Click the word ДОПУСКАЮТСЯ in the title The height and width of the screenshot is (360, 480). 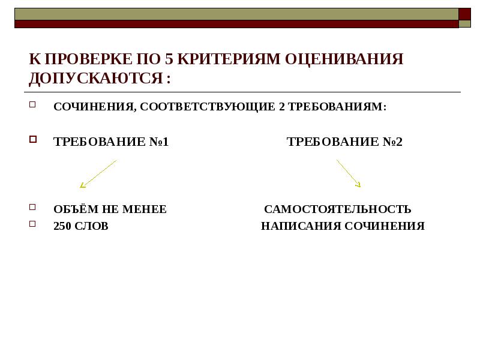pos(96,78)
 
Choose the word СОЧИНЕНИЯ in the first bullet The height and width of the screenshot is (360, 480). pos(93,107)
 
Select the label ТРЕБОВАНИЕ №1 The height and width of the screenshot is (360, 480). pos(111,142)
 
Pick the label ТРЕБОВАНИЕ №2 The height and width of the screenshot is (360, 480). pos(344,142)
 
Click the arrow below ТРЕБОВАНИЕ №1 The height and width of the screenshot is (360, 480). pos(98,173)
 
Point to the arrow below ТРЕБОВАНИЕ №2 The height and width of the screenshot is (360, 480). pos(349,173)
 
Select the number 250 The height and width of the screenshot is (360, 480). pos(63,226)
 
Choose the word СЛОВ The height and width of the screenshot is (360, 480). pos(92,226)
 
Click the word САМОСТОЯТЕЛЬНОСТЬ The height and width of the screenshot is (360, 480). pos(338,209)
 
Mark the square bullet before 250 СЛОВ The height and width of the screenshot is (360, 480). pos(34,224)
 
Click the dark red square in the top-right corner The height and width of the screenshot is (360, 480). pos(465,14)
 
